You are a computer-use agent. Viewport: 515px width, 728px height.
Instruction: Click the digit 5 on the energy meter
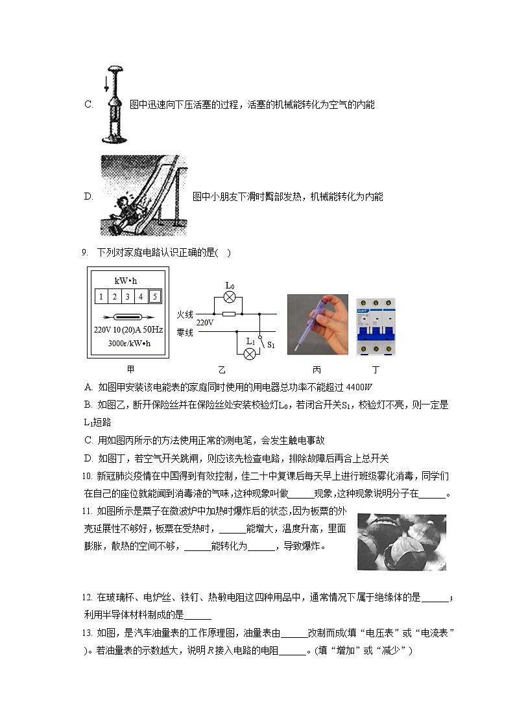tap(154, 297)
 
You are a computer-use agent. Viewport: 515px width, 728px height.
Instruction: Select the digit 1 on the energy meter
tap(101, 297)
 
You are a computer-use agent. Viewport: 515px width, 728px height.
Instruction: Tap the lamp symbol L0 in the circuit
tap(228, 296)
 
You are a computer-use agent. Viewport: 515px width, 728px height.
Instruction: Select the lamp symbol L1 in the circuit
tap(250, 352)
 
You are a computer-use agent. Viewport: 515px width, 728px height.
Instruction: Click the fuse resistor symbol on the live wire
tap(228, 314)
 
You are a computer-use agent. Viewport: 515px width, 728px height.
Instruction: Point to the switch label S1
tap(271, 346)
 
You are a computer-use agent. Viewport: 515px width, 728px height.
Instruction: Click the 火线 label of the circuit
tap(185, 314)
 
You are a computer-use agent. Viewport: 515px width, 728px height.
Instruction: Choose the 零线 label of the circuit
tap(185, 332)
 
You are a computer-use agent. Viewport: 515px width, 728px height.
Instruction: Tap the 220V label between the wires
tap(205, 322)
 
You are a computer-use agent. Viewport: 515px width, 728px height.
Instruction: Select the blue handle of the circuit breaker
tap(376, 329)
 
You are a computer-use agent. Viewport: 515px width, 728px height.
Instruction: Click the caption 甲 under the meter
tap(130, 370)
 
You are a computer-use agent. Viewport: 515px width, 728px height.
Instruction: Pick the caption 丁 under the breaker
tap(375, 370)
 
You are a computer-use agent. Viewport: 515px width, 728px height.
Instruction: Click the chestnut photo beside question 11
tap(401, 542)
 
